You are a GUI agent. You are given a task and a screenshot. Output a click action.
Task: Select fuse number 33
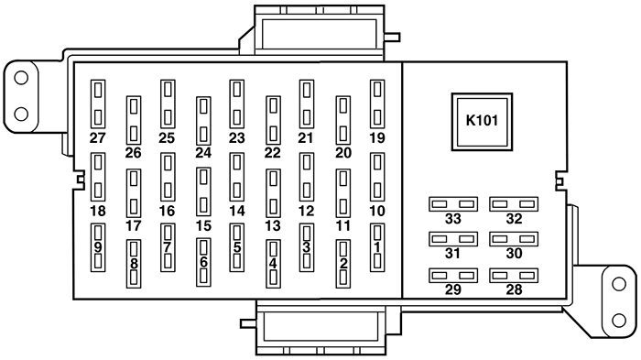453,202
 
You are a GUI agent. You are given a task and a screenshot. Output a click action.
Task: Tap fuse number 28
512,274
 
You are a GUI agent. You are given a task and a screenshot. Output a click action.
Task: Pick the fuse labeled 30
512,238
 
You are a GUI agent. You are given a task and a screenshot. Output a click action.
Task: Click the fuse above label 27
98,104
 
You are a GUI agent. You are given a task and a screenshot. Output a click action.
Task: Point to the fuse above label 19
376,104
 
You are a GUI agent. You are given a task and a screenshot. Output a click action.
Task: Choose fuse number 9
98,247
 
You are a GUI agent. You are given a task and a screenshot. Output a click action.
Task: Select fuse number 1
376,247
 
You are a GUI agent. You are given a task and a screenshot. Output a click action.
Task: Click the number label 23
237,137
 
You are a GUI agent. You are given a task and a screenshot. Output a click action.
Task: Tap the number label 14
237,210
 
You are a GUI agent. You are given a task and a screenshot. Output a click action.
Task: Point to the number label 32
513,218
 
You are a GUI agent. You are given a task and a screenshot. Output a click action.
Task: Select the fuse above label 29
453,274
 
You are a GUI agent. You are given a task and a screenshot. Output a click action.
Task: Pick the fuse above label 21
307,104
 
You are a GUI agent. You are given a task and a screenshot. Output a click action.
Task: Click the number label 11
343,224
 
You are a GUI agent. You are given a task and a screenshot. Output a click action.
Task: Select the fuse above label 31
453,238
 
